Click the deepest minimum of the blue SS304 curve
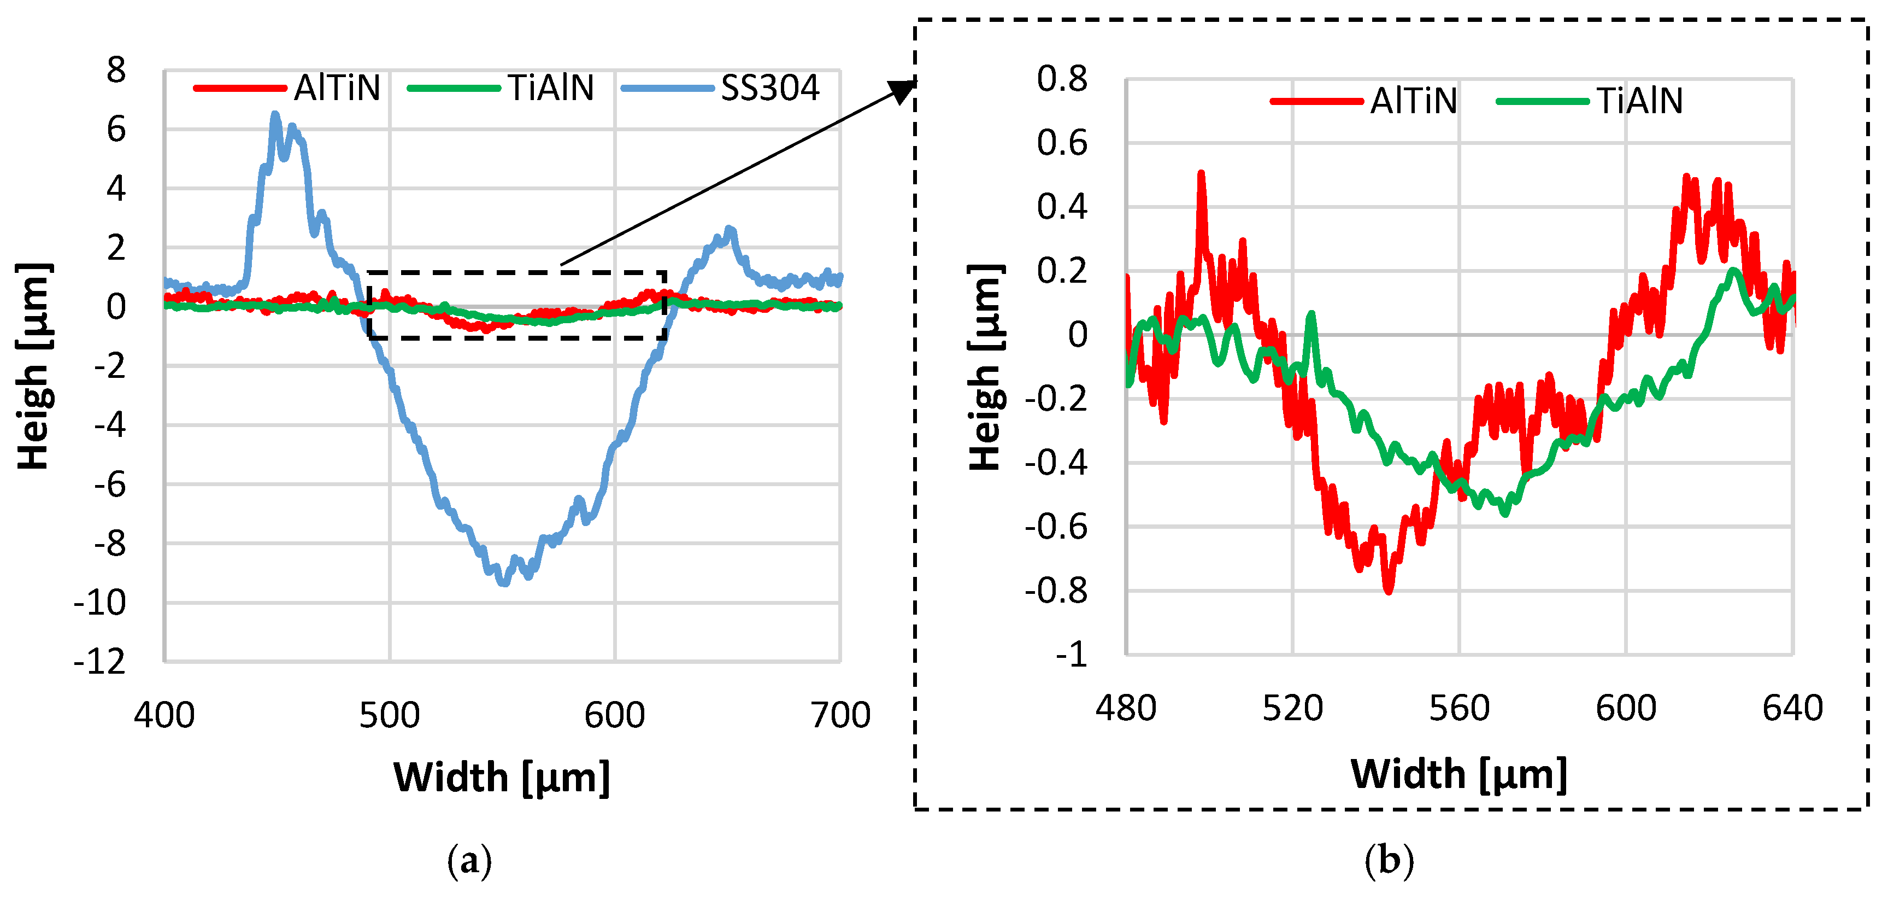pyautogui.click(x=503, y=582)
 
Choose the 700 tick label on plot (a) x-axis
pyautogui.click(x=840, y=715)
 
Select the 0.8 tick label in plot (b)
pyautogui.click(x=1062, y=78)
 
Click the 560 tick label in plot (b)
pyautogui.click(x=1458, y=708)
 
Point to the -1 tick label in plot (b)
pyautogui.click(x=1072, y=653)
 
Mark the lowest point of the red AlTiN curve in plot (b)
pyautogui.click(x=1388, y=589)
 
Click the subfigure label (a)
pyautogui.click(x=469, y=860)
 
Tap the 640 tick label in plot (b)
pyautogui.click(x=1792, y=708)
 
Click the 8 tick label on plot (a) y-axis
pyautogui.click(x=116, y=71)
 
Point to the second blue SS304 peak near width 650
pyautogui.click(x=728, y=230)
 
